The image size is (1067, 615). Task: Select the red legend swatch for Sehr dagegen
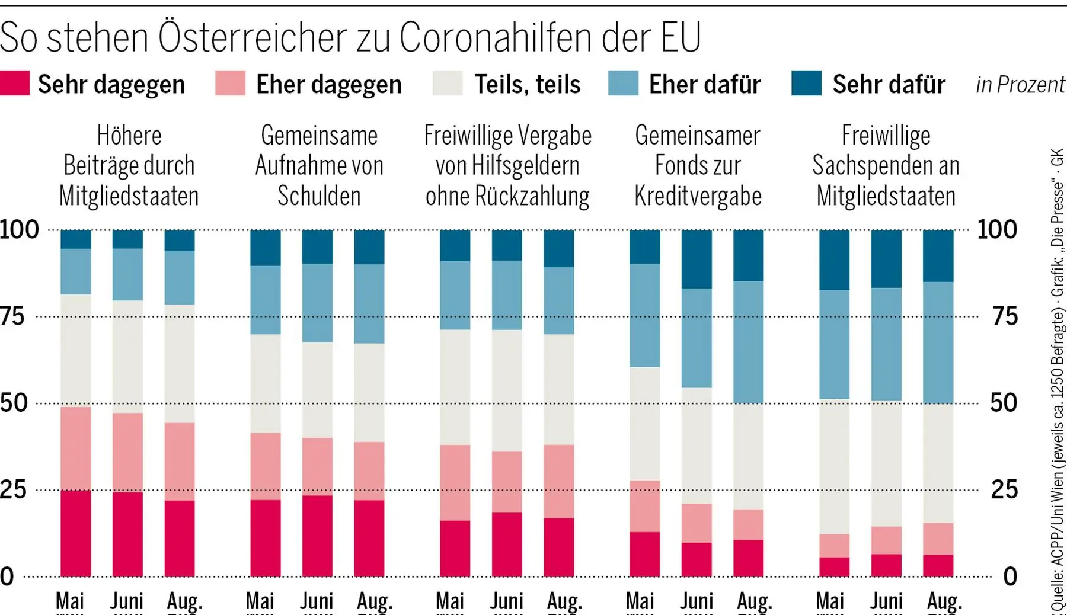click(x=15, y=83)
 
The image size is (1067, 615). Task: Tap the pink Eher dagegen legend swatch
click(x=230, y=83)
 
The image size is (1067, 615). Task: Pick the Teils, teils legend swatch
click(x=448, y=83)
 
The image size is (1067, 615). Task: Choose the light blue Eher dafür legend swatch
click(x=624, y=83)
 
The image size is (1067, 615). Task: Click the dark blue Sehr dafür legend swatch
click(x=806, y=83)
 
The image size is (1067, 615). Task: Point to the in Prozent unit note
click(x=1020, y=85)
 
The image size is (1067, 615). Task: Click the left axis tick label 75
click(x=12, y=316)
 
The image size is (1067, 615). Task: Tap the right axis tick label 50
click(x=1004, y=403)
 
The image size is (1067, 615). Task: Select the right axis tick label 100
click(x=997, y=229)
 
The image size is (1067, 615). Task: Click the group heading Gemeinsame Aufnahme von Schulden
click(x=319, y=165)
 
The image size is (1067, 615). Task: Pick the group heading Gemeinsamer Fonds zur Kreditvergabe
click(x=698, y=165)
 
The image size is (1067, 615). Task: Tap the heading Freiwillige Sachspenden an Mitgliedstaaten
click(x=886, y=165)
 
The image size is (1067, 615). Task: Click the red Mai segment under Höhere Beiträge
click(x=76, y=533)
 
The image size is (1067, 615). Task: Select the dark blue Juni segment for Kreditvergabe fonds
click(x=697, y=259)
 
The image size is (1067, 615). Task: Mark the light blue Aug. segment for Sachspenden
click(x=938, y=342)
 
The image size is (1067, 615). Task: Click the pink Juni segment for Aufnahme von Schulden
click(x=317, y=466)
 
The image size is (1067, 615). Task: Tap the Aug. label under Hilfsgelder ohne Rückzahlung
click(x=564, y=601)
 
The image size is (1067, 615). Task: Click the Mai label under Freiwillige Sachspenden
click(x=829, y=601)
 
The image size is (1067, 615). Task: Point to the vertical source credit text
click(x=1058, y=379)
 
